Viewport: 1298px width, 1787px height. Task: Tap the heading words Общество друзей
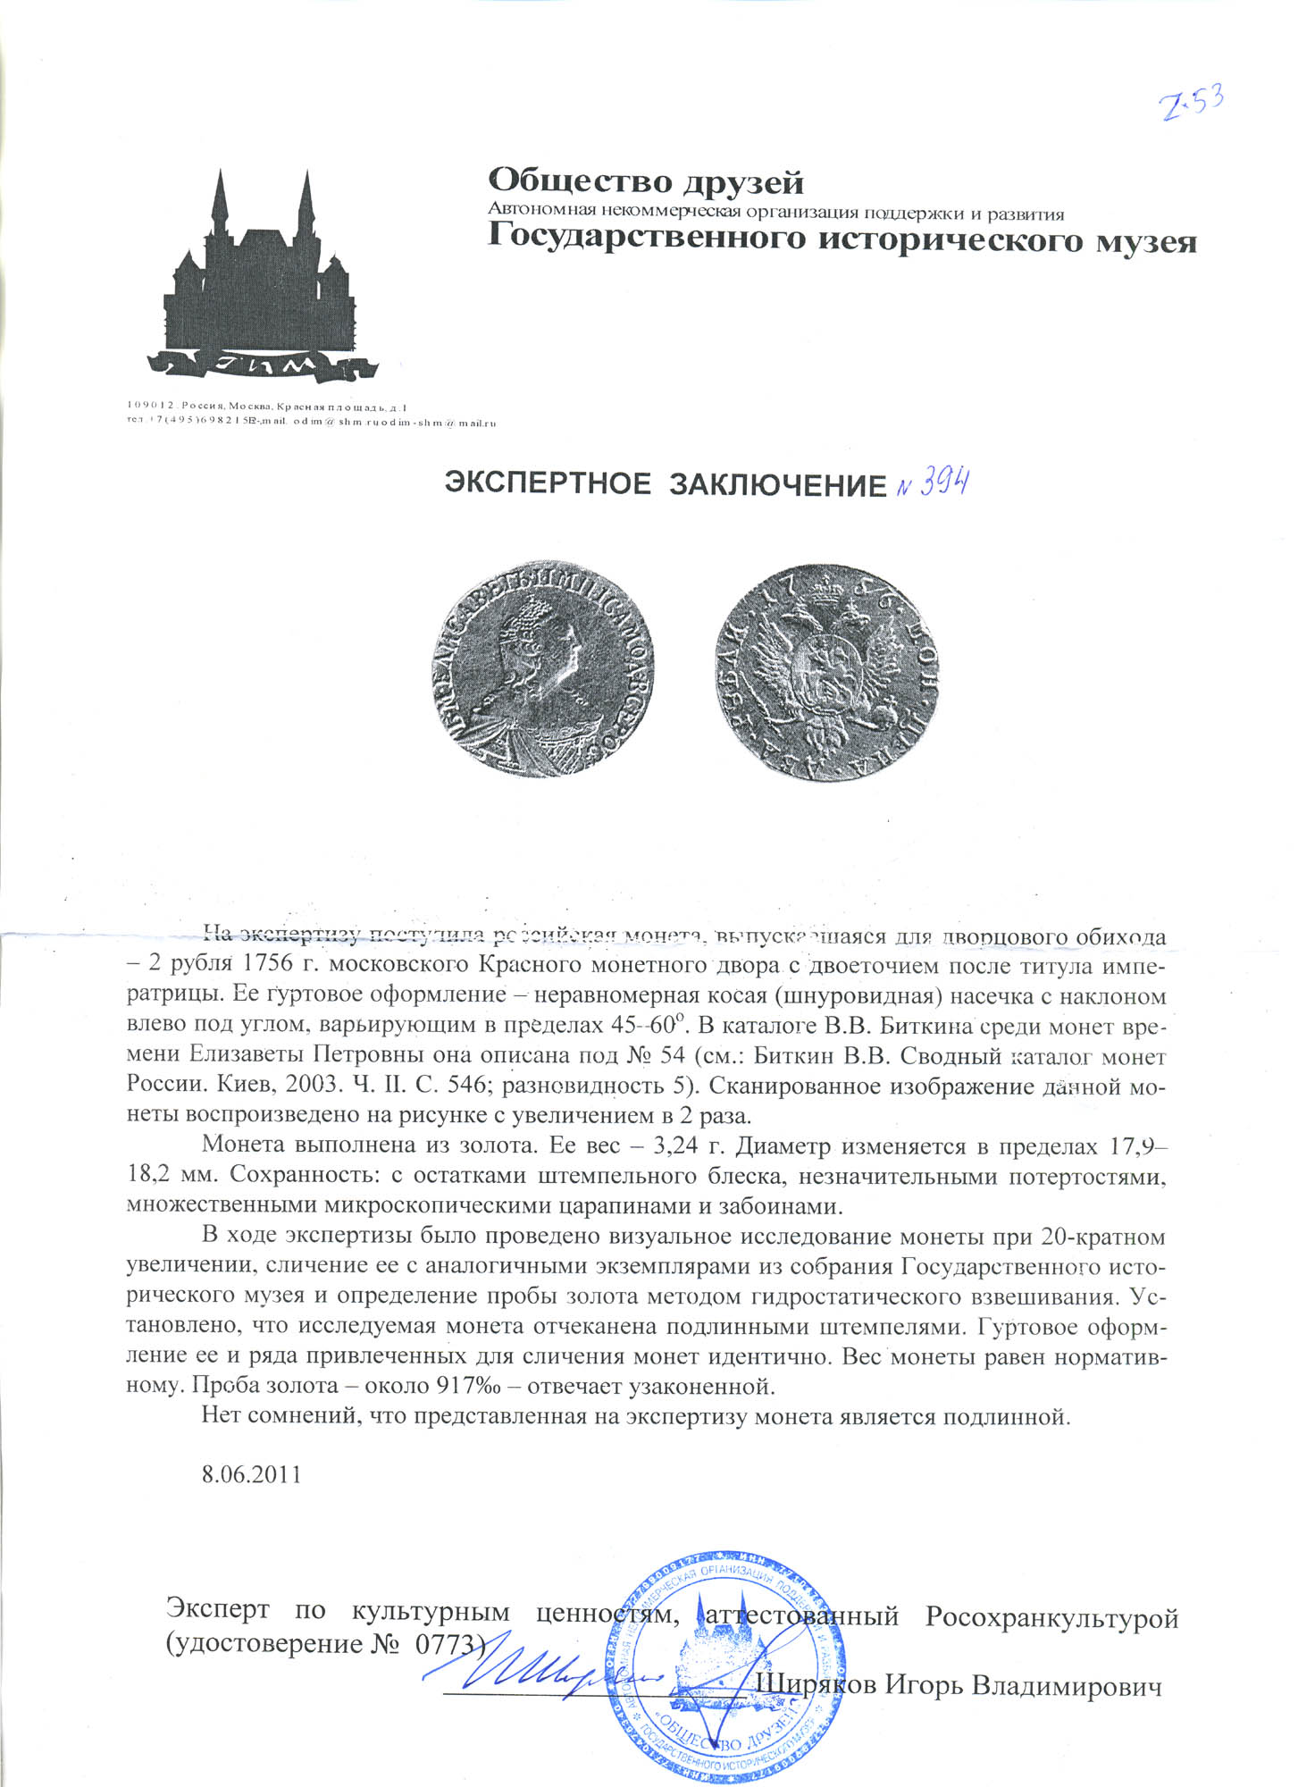(646, 182)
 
